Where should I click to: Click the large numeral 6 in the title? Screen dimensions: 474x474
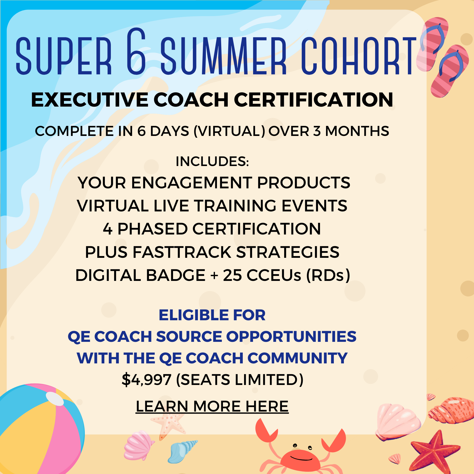pos(136,51)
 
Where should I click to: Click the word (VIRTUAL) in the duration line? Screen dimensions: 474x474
pos(229,131)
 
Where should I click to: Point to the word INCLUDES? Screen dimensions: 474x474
pos(212,161)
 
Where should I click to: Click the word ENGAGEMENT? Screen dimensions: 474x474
pos(192,183)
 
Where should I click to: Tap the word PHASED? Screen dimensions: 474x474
pos(152,229)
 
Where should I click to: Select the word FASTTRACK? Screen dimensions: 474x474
pos(182,252)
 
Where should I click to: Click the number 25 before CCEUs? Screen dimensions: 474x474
pos(233,275)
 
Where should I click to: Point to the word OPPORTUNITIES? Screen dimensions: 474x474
pos(291,336)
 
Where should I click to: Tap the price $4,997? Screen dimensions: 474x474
pos(146,379)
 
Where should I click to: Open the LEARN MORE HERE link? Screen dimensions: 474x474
pos(212,406)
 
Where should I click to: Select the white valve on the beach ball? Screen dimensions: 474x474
pos(55,399)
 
